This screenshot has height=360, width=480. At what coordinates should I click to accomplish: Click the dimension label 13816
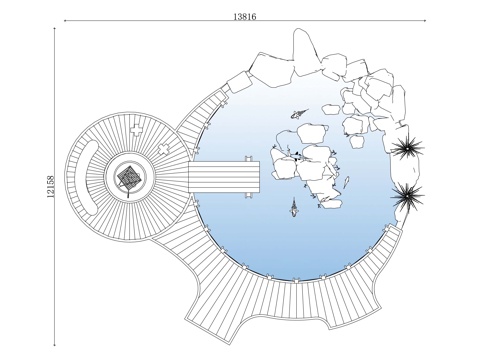(x=245, y=16)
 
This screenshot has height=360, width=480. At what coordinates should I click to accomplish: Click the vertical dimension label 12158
(x=50, y=187)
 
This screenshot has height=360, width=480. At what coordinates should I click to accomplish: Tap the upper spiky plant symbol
(x=407, y=148)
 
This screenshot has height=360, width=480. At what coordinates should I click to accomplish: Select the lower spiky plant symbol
(x=407, y=196)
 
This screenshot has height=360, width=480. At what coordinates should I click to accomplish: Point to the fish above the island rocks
(x=300, y=113)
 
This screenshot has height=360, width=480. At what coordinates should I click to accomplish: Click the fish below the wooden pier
(x=294, y=208)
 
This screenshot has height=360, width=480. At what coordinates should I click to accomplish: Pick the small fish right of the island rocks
(x=346, y=182)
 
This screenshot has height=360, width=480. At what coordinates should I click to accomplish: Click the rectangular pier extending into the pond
(x=224, y=177)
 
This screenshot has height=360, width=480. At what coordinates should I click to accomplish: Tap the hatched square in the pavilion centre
(x=130, y=176)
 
